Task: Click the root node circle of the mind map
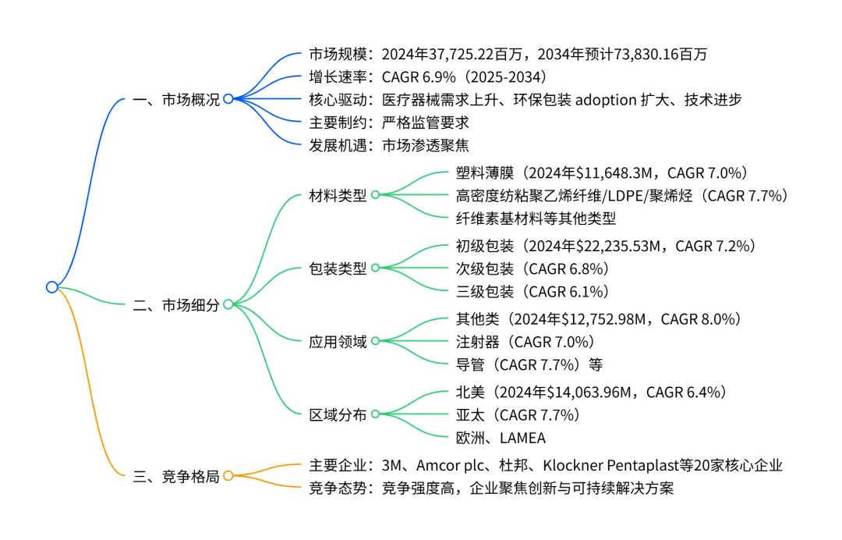(51, 287)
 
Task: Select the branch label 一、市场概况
(176, 99)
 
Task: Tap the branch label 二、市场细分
(176, 305)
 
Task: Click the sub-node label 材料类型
(338, 195)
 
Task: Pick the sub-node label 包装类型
(338, 268)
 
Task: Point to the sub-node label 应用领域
(338, 342)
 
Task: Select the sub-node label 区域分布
(338, 415)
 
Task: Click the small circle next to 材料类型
(375, 195)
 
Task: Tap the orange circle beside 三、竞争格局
(228, 475)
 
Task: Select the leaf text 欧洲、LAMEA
(501, 437)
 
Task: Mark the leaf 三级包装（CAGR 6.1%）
(532, 291)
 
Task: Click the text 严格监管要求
(426, 123)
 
